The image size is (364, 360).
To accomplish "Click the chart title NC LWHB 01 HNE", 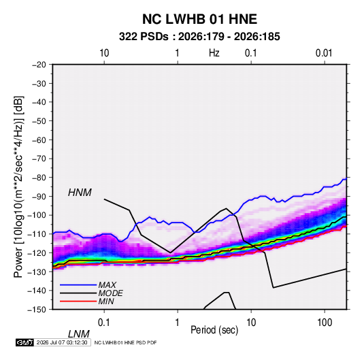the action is coord(199,19).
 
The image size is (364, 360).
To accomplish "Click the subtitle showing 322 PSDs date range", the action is coord(199,37).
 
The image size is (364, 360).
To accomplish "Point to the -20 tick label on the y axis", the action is coord(39,65).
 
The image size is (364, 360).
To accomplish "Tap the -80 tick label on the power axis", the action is coord(39,178).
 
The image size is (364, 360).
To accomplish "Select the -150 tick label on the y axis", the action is coord(37,310).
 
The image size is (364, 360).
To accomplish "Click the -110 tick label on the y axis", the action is coord(37,234).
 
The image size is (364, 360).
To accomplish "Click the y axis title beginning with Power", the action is coord(18,187).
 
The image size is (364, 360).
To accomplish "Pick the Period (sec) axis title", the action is coord(214,330).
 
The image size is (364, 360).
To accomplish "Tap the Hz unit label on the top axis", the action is coord(214,53).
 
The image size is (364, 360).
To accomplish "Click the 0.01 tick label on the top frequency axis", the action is coord(324,53).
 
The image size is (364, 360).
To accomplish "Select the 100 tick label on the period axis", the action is coord(325,323).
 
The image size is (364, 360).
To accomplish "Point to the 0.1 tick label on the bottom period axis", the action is coord(104,323).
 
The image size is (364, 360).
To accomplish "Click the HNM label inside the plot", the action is coord(80,193).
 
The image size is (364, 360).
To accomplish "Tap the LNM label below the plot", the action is coord(79,334).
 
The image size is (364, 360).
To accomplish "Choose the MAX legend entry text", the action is coord(107,284).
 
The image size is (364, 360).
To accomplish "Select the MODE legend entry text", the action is coord(110,293).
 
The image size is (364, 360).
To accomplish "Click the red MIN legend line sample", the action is coord(78,301).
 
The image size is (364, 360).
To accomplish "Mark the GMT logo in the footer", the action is coord(24,342).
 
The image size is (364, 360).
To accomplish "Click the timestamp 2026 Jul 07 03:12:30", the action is coord(62,342).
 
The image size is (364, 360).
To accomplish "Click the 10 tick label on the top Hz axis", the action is coord(104,53).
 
